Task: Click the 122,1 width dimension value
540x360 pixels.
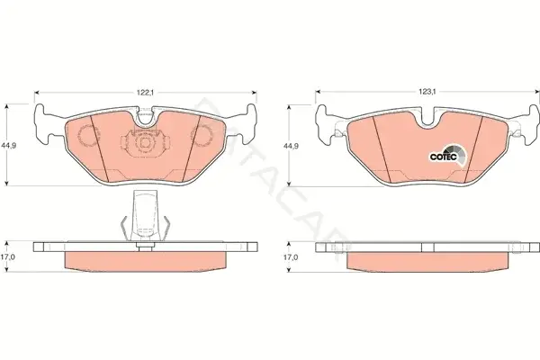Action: pyautogui.click(x=145, y=93)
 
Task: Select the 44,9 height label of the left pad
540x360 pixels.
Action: pyautogui.click(x=9, y=146)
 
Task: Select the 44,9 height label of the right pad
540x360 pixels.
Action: pyautogui.click(x=291, y=146)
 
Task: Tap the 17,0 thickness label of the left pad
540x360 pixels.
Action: pyautogui.click(x=7, y=257)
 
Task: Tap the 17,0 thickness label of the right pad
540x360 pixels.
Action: pyautogui.click(x=291, y=257)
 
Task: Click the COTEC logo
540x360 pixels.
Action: pyautogui.click(x=447, y=156)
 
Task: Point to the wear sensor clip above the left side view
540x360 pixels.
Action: pyautogui.click(x=145, y=216)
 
